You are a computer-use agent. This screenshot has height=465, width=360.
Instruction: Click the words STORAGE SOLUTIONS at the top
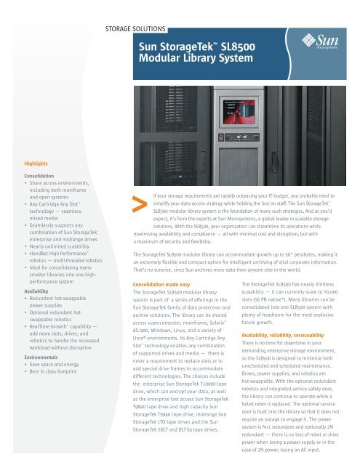137,31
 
